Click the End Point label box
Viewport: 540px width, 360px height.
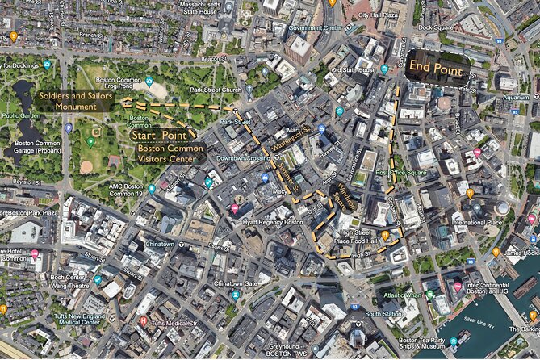[436, 68]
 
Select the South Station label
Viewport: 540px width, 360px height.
[383, 313]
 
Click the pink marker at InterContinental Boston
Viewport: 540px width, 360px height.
[458, 287]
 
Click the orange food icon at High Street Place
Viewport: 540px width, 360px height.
[386, 235]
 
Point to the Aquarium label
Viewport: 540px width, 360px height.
[516, 98]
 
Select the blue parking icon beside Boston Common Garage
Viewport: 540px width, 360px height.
[69, 128]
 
